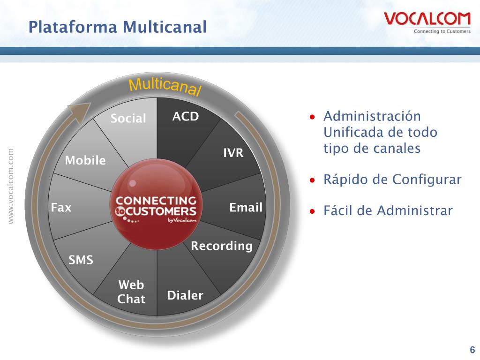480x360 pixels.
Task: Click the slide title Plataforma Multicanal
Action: pyautogui.click(x=117, y=27)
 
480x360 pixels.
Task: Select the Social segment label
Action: pyautogui.click(x=128, y=119)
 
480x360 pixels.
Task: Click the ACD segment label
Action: pyautogui.click(x=186, y=117)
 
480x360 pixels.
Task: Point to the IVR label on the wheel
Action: pyautogui.click(x=233, y=153)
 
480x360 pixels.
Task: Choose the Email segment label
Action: pyautogui.click(x=246, y=208)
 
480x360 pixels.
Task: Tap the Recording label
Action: pyautogui.click(x=222, y=246)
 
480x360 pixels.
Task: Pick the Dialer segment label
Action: pyautogui.click(x=185, y=295)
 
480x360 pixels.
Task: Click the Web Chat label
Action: pyautogui.click(x=131, y=292)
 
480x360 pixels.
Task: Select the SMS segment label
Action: pyautogui.click(x=81, y=260)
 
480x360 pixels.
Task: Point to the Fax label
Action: pyautogui.click(x=61, y=207)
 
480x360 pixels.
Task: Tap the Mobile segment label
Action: pyautogui.click(x=85, y=161)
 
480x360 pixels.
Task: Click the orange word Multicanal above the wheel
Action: pyautogui.click(x=165, y=87)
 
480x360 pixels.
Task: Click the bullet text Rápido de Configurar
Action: pyautogui.click(x=392, y=180)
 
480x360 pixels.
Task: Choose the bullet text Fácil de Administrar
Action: pyautogui.click(x=388, y=211)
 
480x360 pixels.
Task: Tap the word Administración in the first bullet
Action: pyautogui.click(x=372, y=116)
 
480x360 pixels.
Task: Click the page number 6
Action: pyautogui.click(x=472, y=349)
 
